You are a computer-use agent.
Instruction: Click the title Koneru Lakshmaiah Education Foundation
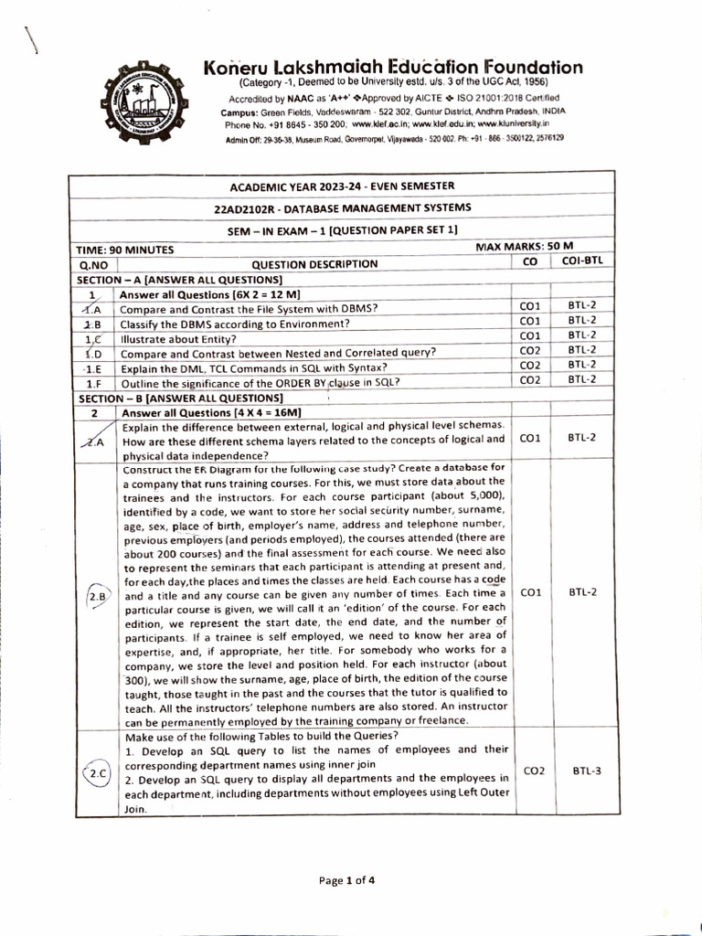point(393,67)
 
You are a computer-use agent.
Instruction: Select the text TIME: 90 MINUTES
point(126,249)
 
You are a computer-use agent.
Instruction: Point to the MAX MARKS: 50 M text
point(525,247)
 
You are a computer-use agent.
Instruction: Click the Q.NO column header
point(94,263)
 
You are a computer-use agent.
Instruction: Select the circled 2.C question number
point(97,774)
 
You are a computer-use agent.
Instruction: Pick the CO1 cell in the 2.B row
point(530,592)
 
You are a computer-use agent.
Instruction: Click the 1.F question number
point(93,382)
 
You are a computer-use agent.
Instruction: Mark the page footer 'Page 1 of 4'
point(346,881)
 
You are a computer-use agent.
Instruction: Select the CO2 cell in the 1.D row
point(530,350)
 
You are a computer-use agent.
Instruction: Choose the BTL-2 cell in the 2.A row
point(582,438)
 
